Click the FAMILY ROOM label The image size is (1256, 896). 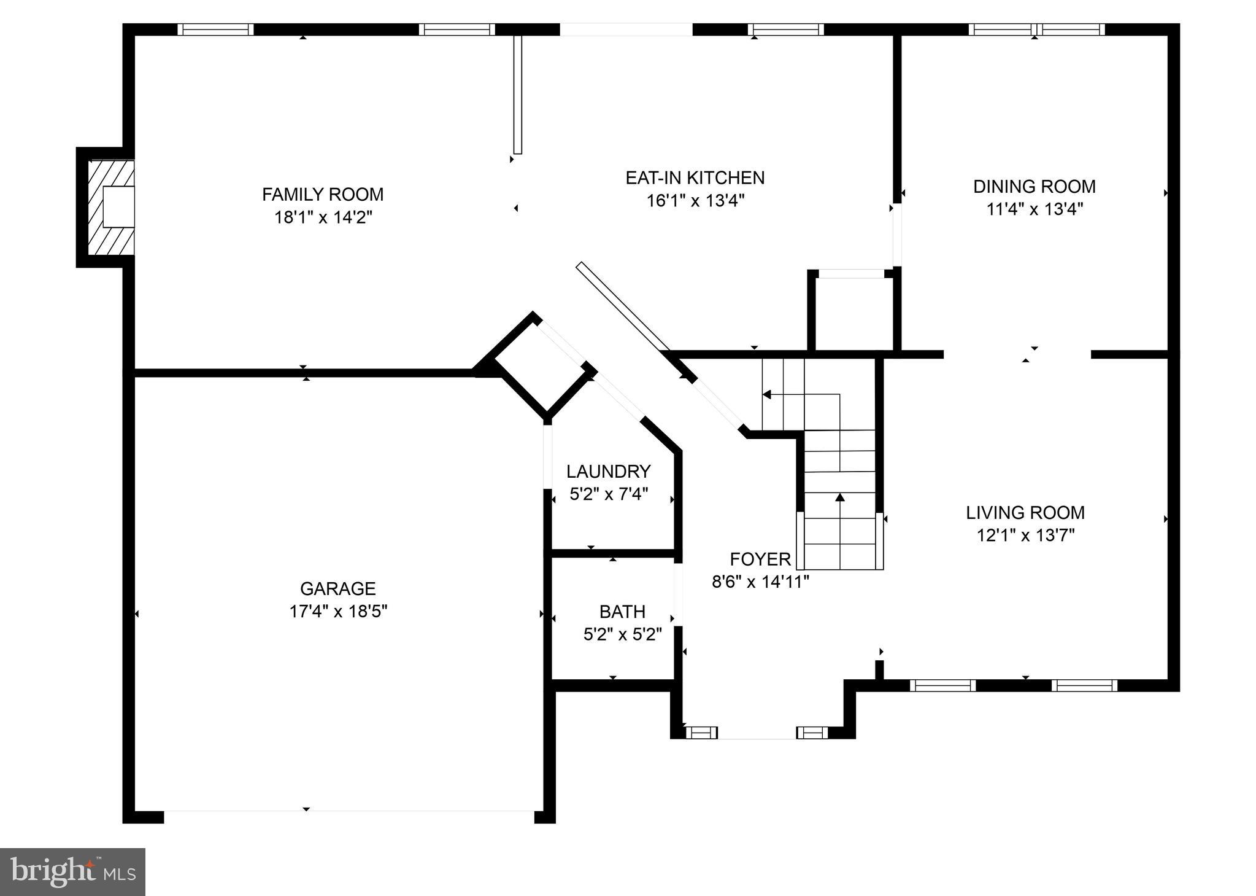click(323, 195)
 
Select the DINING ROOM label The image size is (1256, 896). click(1034, 187)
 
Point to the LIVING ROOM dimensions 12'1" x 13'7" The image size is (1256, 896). click(1025, 536)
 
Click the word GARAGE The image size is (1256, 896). click(337, 589)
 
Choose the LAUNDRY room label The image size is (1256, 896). click(608, 472)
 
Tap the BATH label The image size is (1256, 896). click(622, 612)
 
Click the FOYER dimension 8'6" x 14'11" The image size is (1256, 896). click(760, 582)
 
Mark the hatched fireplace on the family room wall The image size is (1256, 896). click(111, 208)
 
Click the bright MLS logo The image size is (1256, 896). click(72, 871)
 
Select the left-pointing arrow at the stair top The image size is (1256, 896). click(767, 394)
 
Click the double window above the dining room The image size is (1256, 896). click(1036, 29)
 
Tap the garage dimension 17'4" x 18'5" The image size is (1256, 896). click(338, 612)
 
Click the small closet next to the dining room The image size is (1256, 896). click(853, 313)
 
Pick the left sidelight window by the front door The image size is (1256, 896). click(701, 732)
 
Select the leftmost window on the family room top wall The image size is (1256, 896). click(215, 29)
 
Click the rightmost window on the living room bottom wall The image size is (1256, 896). click(1084, 685)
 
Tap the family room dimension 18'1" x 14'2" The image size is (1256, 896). click(323, 217)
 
